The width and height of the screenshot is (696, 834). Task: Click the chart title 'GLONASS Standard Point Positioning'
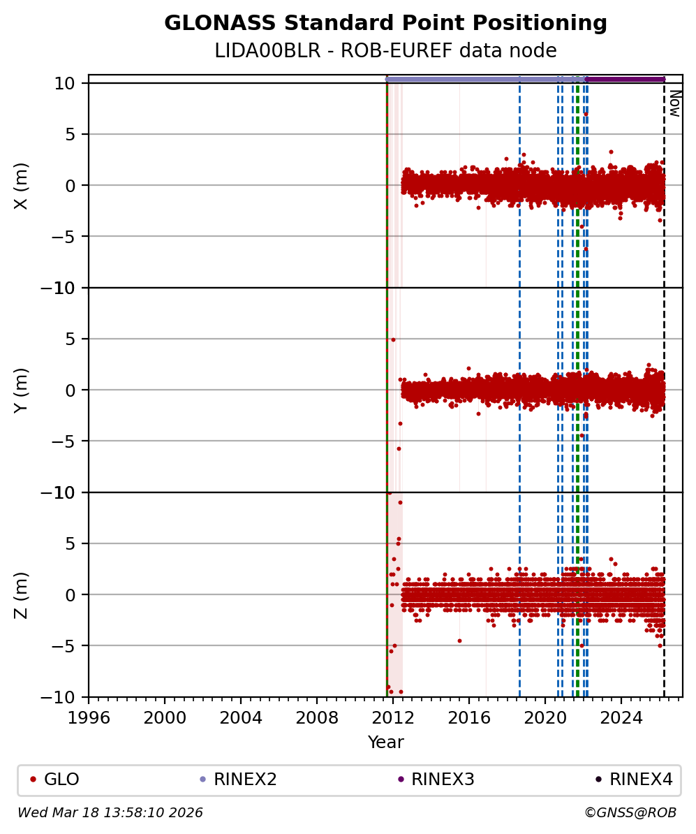click(x=385, y=24)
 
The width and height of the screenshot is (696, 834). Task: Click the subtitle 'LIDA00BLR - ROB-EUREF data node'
click(x=385, y=51)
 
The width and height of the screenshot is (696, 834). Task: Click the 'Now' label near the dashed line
click(x=674, y=103)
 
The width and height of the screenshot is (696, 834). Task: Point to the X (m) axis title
click(x=22, y=185)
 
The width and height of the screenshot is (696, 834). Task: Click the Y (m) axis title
click(x=22, y=390)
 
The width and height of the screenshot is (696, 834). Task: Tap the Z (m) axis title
click(x=22, y=594)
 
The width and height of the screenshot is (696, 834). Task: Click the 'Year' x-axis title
click(x=385, y=742)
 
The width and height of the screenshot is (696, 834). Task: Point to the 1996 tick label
click(x=89, y=717)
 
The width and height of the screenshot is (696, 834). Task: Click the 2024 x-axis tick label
click(x=621, y=717)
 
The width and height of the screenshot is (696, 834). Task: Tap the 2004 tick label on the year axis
click(x=241, y=717)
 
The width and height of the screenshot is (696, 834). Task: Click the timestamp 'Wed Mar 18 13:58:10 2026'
click(x=110, y=813)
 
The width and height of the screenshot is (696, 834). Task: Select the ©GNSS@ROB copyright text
click(x=630, y=813)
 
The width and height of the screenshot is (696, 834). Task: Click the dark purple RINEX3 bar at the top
click(x=625, y=80)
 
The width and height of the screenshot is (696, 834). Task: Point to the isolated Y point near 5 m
click(x=393, y=339)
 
